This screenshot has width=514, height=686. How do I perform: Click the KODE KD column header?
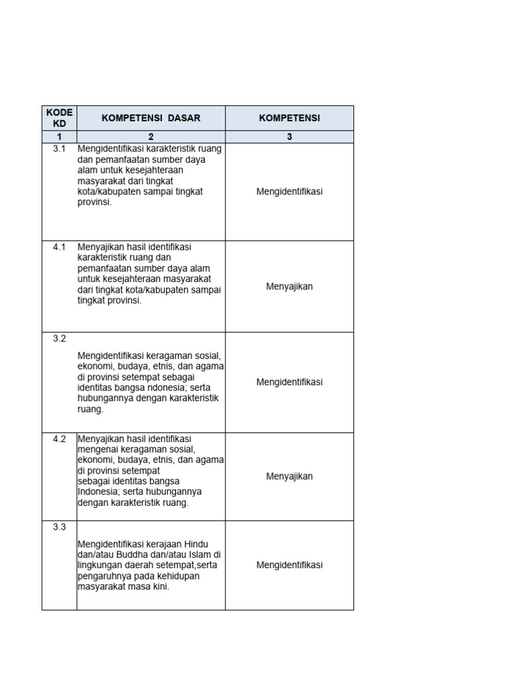tap(59, 118)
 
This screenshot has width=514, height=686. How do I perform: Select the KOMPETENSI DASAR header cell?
tap(151, 118)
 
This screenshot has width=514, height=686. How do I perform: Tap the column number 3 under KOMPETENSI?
tap(289, 137)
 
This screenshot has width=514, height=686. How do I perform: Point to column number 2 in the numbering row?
tap(151, 137)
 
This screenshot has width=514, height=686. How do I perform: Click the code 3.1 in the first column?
tap(59, 149)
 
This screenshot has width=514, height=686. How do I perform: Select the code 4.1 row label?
tap(59, 247)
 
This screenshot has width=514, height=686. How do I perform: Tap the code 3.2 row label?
tap(59, 338)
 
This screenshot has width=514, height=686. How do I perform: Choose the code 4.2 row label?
tap(59, 439)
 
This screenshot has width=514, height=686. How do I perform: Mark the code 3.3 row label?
tap(59, 527)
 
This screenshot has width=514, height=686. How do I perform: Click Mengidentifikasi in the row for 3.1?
tap(289, 192)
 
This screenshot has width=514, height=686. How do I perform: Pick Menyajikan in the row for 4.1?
tap(289, 287)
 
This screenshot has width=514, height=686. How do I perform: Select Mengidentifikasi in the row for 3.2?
tap(289, 382)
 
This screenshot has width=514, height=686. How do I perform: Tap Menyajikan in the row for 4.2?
tap(289, 476)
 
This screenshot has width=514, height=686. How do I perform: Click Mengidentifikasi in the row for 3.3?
tap(289, 565)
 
